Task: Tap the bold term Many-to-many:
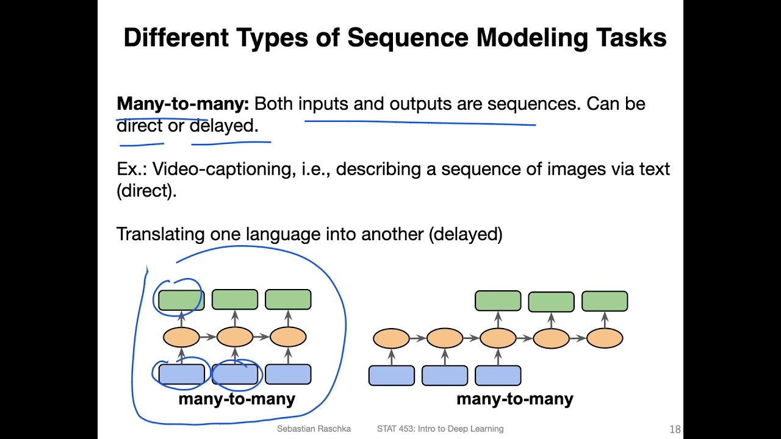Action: click(182, 104)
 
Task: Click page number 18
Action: click(675, 429)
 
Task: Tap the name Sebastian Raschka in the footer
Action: click(314, 429)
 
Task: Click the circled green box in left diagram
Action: click(181, 300)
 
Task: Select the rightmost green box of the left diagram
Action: click(288, 300)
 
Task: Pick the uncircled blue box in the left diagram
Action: click(288, 374)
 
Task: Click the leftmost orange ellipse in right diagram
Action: click(391, 338)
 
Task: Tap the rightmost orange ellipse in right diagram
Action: click(605, 338)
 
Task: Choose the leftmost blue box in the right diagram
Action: click(391, 376)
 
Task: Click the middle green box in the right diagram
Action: click(551, 302)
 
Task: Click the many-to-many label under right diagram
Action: click(514, 399)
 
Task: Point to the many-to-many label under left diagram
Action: click(237, 399)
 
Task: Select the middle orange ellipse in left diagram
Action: click(235, 337)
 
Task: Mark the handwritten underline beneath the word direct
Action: click(142, 145)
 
